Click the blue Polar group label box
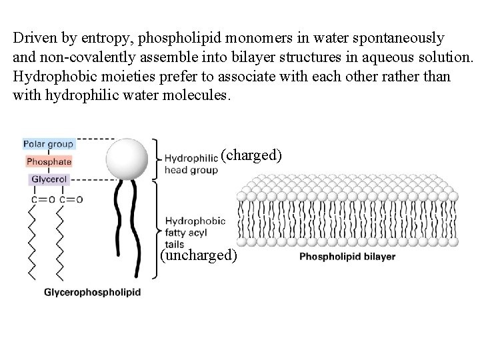point(48,143)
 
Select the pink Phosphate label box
point(49,161)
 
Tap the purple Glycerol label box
point(49,179)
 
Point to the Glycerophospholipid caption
point(92,293)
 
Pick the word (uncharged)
point(199,256)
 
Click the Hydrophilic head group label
point(191,164)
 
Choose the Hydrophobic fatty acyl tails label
point(194,231)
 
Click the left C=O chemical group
point(41,199)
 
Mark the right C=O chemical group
point(71,199)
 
